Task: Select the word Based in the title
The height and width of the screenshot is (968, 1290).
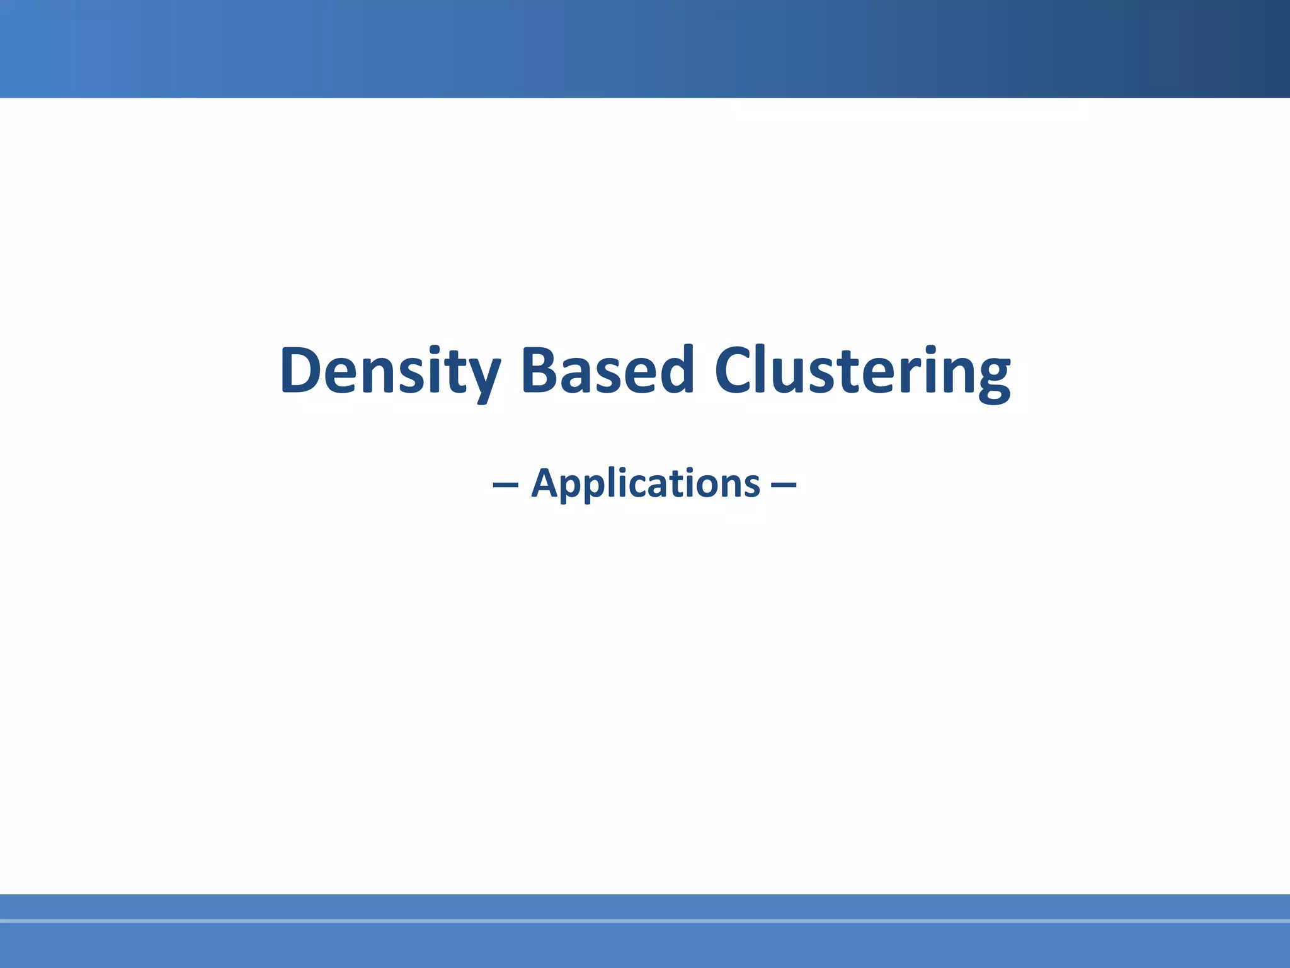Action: click(x=607, y=372)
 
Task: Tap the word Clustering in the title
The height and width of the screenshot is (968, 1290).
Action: click(x=862, y=372)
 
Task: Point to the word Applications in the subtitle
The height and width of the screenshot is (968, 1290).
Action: click(x=646, y=484)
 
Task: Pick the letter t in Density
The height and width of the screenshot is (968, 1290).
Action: click(x=453, y=373)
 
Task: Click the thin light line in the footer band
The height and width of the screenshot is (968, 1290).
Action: click(x=645, y=921)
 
